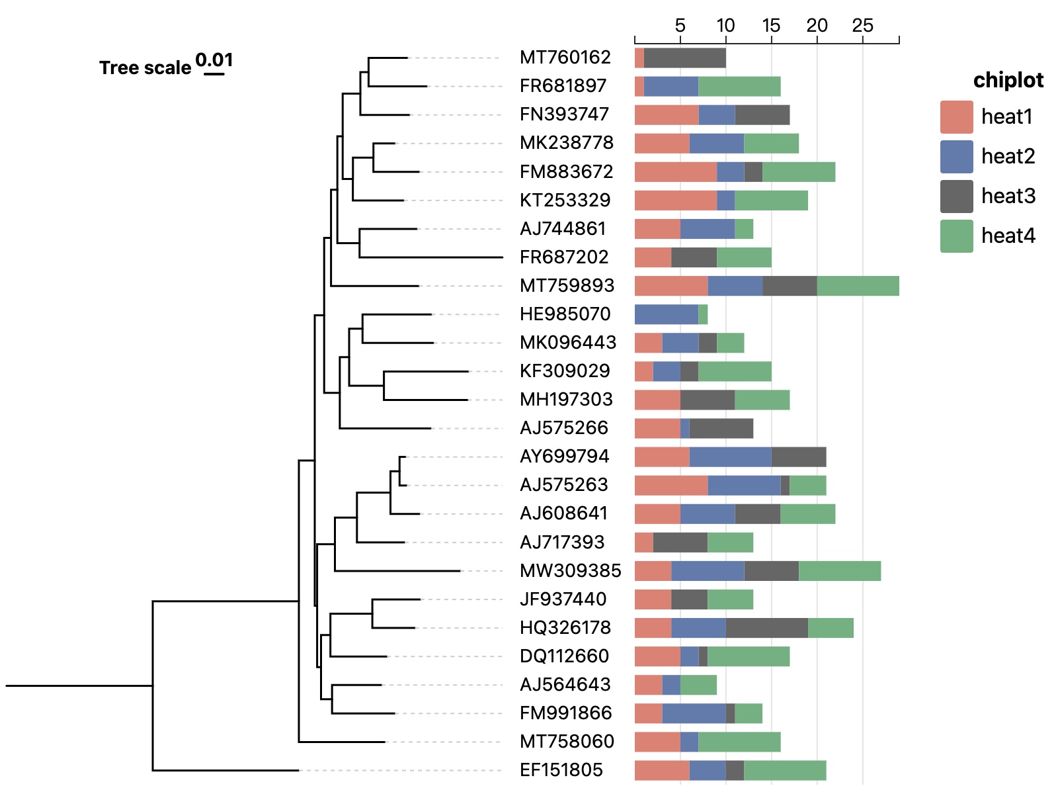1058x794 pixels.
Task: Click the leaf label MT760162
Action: click(565, 58)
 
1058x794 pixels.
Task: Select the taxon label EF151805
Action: click(561, 770)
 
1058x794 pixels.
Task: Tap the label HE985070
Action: click(565, 314)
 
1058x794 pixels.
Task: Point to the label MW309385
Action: click(570, 571)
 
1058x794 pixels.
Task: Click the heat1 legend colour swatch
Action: click(956, 117)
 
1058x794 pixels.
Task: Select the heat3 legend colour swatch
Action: click(956, 197)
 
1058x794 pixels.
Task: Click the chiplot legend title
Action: click(1008, 80)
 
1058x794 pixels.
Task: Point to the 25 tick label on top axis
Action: click(862, 26)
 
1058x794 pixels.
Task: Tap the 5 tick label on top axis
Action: click(680, 26)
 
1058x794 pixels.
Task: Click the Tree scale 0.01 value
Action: click(214, 61)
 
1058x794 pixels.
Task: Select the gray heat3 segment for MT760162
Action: click(684, 58)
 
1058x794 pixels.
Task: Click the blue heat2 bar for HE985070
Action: click(666, 314)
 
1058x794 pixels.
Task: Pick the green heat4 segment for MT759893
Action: click(858, 286)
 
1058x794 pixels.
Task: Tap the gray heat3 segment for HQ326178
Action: click(766, 628)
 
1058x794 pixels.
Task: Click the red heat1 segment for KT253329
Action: click(675, 200)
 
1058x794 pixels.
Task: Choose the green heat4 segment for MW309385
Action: click(839, 571)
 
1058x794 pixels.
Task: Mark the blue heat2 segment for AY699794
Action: click(730, 457)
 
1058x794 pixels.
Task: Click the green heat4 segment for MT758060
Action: click(739, 742)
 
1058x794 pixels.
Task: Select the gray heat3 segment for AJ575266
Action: click(721, 428)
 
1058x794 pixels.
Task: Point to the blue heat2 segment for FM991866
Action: click(694, 713)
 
